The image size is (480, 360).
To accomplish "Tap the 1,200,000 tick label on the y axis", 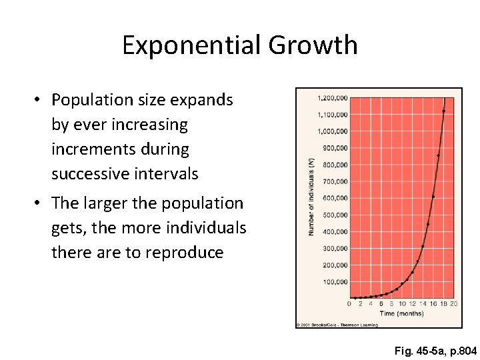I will tap(332, 98).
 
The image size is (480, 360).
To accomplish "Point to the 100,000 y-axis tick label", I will tap(335, 282).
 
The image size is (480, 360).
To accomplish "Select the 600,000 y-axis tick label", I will tap(335, 198).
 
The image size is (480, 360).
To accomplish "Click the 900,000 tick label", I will tap(335, 148).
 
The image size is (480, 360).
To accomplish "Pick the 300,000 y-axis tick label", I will tap(335, 248).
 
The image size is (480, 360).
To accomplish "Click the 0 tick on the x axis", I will tap(349, 304).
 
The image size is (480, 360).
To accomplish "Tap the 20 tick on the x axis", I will tap(453, 304).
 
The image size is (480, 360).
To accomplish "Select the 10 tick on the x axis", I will tap(401, 304).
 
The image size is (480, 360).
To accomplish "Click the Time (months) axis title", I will tap(401, 313).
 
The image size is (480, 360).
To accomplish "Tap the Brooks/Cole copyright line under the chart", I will tap(337, 325).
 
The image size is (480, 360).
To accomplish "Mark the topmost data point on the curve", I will tap(443, 111).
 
